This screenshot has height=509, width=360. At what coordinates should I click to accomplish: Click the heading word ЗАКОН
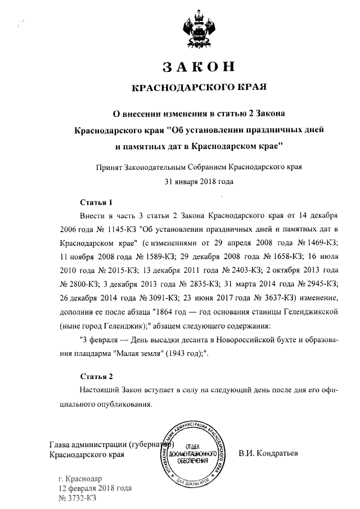[x=197, y=66]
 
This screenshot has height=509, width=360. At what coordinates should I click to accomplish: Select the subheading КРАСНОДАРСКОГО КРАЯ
[x=197, y=88]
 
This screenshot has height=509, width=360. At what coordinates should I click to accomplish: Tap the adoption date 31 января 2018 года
[x=198, y=181]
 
